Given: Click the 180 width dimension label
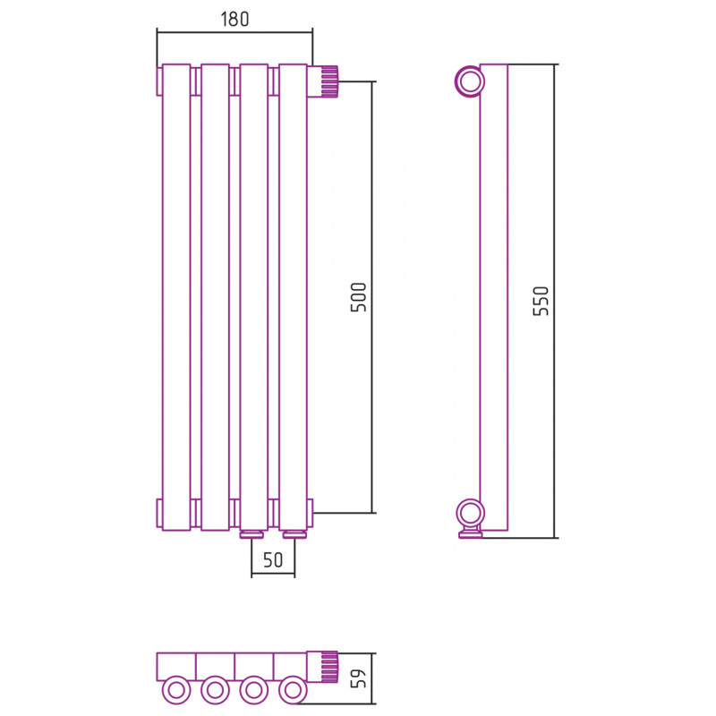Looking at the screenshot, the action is click(x=234, y=19).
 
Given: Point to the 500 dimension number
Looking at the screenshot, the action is click(x=359, y=297).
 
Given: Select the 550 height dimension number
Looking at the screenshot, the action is click(x=541, y=301).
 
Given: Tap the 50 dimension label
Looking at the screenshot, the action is click(x=273, y=560).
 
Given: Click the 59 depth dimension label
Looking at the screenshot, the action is click(x=359, y=678).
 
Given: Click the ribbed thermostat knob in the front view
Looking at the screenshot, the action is click(x=329, y=81).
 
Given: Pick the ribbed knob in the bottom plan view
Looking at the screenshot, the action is click(x=329, y=667).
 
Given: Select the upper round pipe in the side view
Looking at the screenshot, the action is click(x=469, y=82).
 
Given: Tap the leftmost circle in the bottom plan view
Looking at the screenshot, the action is click(x=176, y=690).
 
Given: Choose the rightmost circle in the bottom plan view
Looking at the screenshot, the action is click(x=293, y=690).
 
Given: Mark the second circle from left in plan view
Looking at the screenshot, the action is click(x=215, y=690).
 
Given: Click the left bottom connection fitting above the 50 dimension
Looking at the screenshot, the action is click(x=251, y=534).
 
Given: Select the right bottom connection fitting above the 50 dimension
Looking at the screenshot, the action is click(x=294, y=534).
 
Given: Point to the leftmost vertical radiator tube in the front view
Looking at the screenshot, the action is click(x=176, y=297).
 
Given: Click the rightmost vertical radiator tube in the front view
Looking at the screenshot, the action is click(x=293, y=297).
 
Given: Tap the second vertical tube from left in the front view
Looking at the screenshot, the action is click(x=215, y=297).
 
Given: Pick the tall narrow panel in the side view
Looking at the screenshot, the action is click(x=494, y=297).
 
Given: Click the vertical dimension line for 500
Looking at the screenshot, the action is click(x=372, y=297).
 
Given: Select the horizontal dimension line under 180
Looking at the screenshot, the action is click(x=234, y=32).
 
